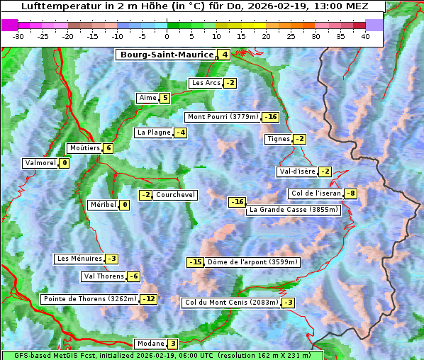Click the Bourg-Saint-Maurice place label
[x=167, y=55]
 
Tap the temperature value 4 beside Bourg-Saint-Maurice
[x=225, y=55]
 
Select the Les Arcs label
[x=206, y=83]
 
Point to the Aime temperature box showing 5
[x=165, y=98]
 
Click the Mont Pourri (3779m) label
[x=223, y=117]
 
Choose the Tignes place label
[x=278, y=139]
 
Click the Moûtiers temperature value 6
[x=108, y=148]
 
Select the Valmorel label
[x=40, y=163]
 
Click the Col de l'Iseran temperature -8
[x=350, y=193]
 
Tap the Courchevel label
[x=175, y=195]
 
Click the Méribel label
[x=103, y=205]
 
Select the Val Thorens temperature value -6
[x=133, y=276]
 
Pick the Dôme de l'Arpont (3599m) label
[x=252, y=262]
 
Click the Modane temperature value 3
[x=172, y=344]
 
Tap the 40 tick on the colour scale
[x=365, y=36]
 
